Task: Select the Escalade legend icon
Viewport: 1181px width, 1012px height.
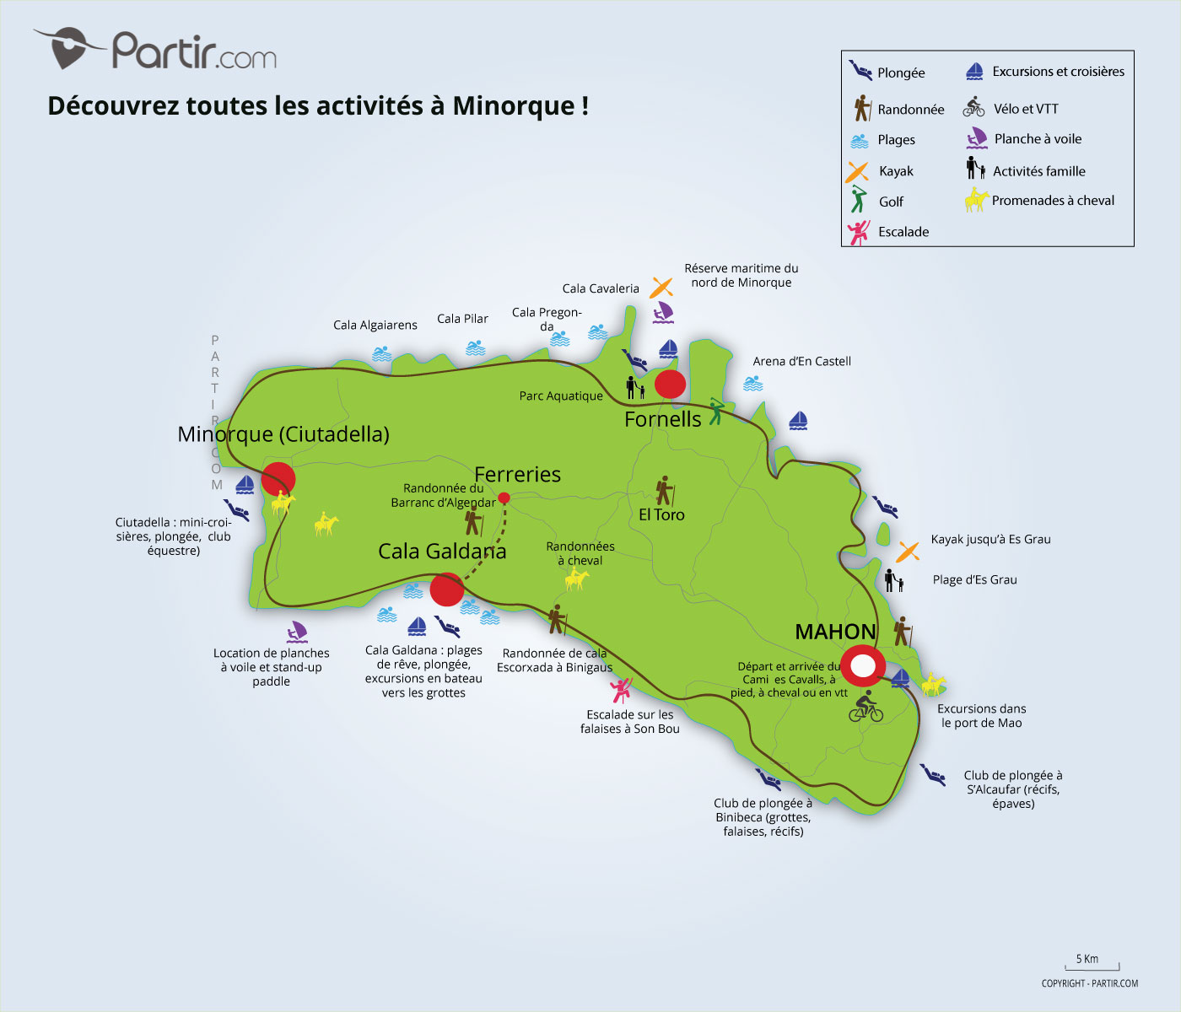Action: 859,232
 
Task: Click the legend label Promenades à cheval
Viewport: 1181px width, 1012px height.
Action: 1053,201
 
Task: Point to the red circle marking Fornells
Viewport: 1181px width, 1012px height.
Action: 670,384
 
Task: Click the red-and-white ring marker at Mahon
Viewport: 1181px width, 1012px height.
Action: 862,666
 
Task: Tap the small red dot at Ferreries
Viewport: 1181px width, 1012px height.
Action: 504,498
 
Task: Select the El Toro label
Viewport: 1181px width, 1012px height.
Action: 661,514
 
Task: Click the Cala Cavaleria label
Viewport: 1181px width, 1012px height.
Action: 601,288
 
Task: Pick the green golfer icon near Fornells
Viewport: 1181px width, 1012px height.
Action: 716,411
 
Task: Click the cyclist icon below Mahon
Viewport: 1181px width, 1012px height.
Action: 866,707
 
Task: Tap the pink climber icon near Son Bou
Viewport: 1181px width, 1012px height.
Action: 622,691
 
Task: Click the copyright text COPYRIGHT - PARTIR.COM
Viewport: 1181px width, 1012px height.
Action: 1089,983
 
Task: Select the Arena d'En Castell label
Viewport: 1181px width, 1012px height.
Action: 801,361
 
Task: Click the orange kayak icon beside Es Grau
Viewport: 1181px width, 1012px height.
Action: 908,552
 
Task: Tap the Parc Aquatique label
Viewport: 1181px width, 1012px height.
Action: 561,396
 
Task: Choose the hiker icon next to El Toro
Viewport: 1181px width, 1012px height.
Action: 665,490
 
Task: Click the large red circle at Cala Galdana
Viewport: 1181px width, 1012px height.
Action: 446,589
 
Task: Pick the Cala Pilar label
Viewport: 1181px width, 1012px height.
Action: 462,319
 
